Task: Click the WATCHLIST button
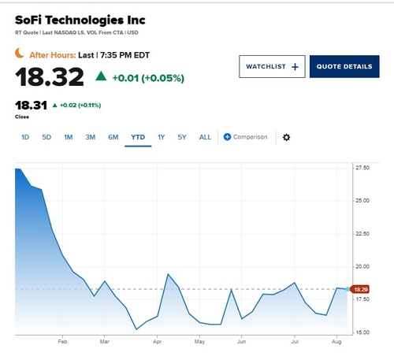[272, 66]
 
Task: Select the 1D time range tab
[25, 137]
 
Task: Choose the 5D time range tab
[46, 137]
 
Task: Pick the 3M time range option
[91, 137]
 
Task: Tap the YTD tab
[138, 137]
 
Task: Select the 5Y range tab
[182, 137]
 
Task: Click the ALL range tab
[205, 137]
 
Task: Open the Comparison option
[245, 137]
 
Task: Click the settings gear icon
[286, 137]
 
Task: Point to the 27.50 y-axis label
[362, 168]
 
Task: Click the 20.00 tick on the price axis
[362, 266]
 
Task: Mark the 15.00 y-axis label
[362, 332]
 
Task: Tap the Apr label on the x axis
[157, 342]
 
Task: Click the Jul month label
[295, 342]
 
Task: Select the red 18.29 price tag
[360, 289]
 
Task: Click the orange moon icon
[19, 53]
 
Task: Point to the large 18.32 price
[50, 76]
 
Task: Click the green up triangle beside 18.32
[101, 76]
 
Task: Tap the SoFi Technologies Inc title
[80, 20]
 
